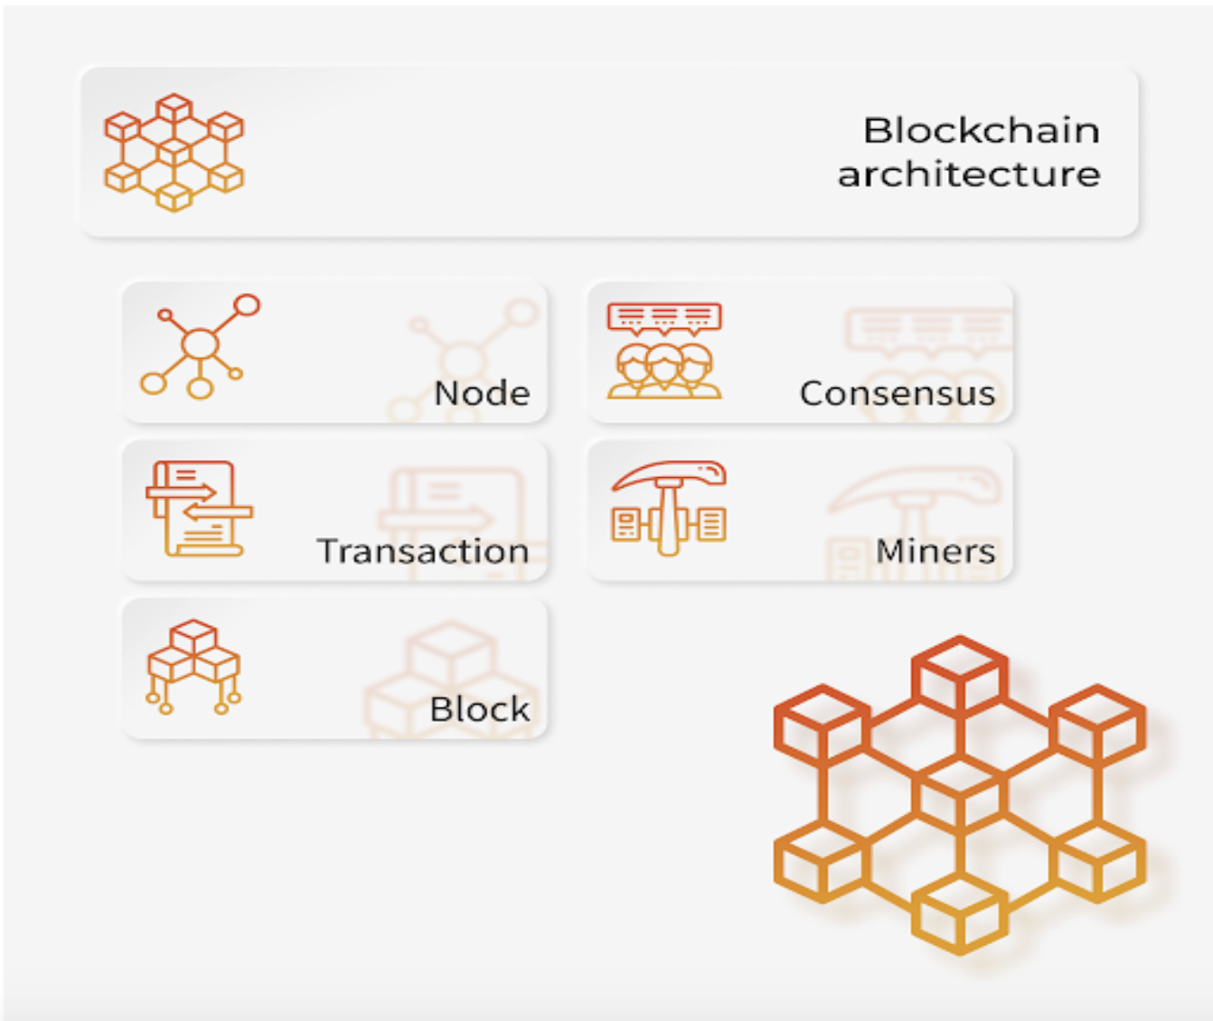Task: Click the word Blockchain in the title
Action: click(x=981, y=131)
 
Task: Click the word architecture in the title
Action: click(x=969, y=174)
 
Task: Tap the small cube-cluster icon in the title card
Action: click(x=174, y=152)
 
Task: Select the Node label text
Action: click(x=482, y=394)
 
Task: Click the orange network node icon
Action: click(x=199, y=347)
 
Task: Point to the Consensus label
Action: click(x=897, y=394)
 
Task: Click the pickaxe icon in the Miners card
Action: click(x=668, y=507)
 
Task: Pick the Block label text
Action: click(x=479, y=710)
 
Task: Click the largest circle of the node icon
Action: click(x=200, y=344)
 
